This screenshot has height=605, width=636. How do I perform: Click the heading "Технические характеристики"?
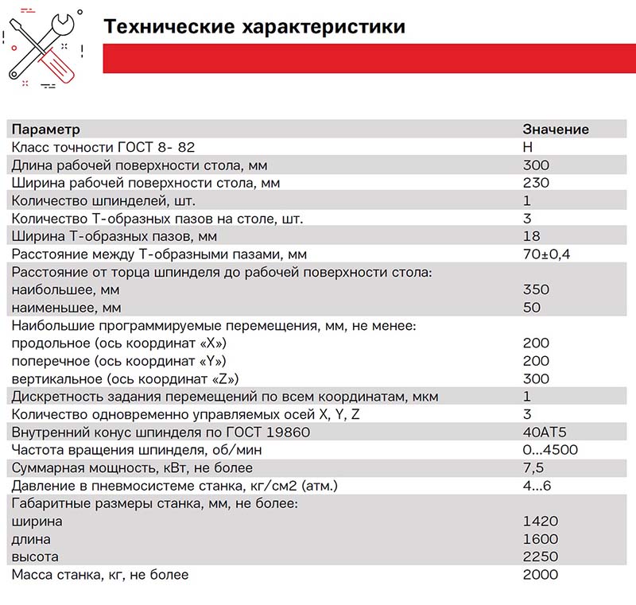tap(254, 27)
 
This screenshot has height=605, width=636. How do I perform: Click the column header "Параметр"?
tap(46, 130)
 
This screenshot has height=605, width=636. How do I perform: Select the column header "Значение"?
tap(555, 130)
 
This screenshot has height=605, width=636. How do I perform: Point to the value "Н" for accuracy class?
tap(527, 147)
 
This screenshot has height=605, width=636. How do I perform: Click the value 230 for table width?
tap(536, 183)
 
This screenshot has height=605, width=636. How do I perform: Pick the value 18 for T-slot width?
tap(531, 236)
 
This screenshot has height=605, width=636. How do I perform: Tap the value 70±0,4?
tap(547, 254)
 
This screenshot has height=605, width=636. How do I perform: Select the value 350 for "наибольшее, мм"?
tap(536, 290)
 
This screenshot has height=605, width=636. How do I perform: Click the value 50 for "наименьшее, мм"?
tap(531, 308)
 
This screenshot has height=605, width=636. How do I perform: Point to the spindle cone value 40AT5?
tap(544, 432)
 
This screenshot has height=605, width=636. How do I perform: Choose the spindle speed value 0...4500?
tap(550, 450)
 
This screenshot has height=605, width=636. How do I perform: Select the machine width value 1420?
tap(541, 522)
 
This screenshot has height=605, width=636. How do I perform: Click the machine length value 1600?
tap(541, 539)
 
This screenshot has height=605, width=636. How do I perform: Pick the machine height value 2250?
tap(541, 557)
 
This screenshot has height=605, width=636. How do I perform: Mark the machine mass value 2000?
tap(541, 574)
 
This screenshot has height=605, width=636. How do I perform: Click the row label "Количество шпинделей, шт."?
tap(103, 200)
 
